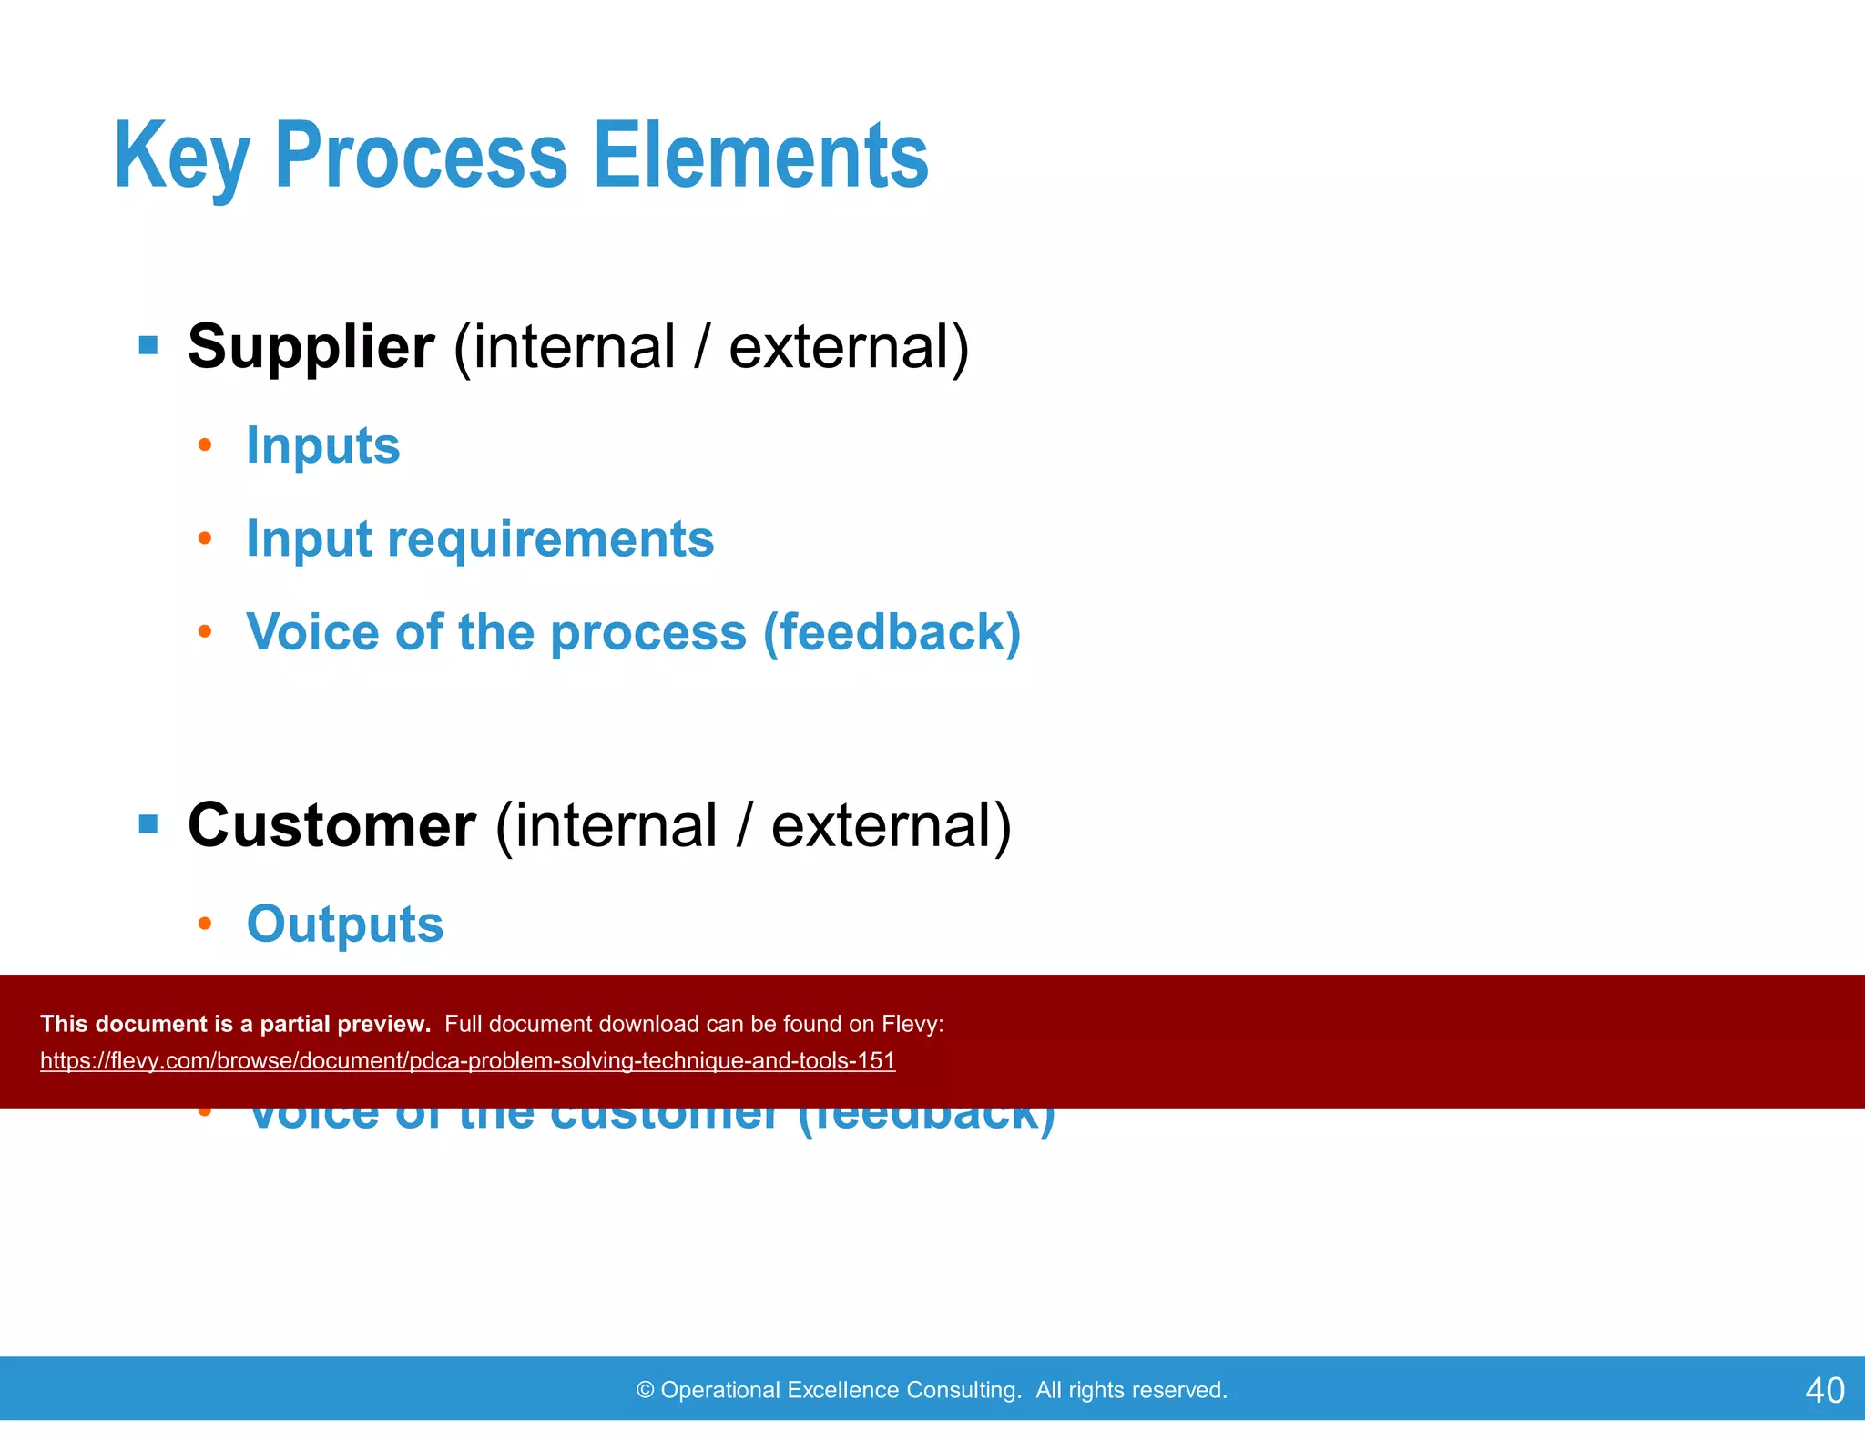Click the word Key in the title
[181, 157]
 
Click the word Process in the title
[421, 157]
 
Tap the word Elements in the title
[760, 157]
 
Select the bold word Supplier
[311, 347]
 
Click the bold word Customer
[331, 825]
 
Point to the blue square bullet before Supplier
[148, 346]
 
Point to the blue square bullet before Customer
[148, 824]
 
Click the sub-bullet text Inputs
[323, 445]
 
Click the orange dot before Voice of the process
[205, 631]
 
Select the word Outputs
[345, 924]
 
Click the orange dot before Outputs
[205, 924]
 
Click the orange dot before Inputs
[205, 445]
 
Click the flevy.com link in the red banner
[467, 1060]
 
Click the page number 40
[1824, 1390]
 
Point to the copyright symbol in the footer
[645, 1390]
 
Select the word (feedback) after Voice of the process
[892, 632]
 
